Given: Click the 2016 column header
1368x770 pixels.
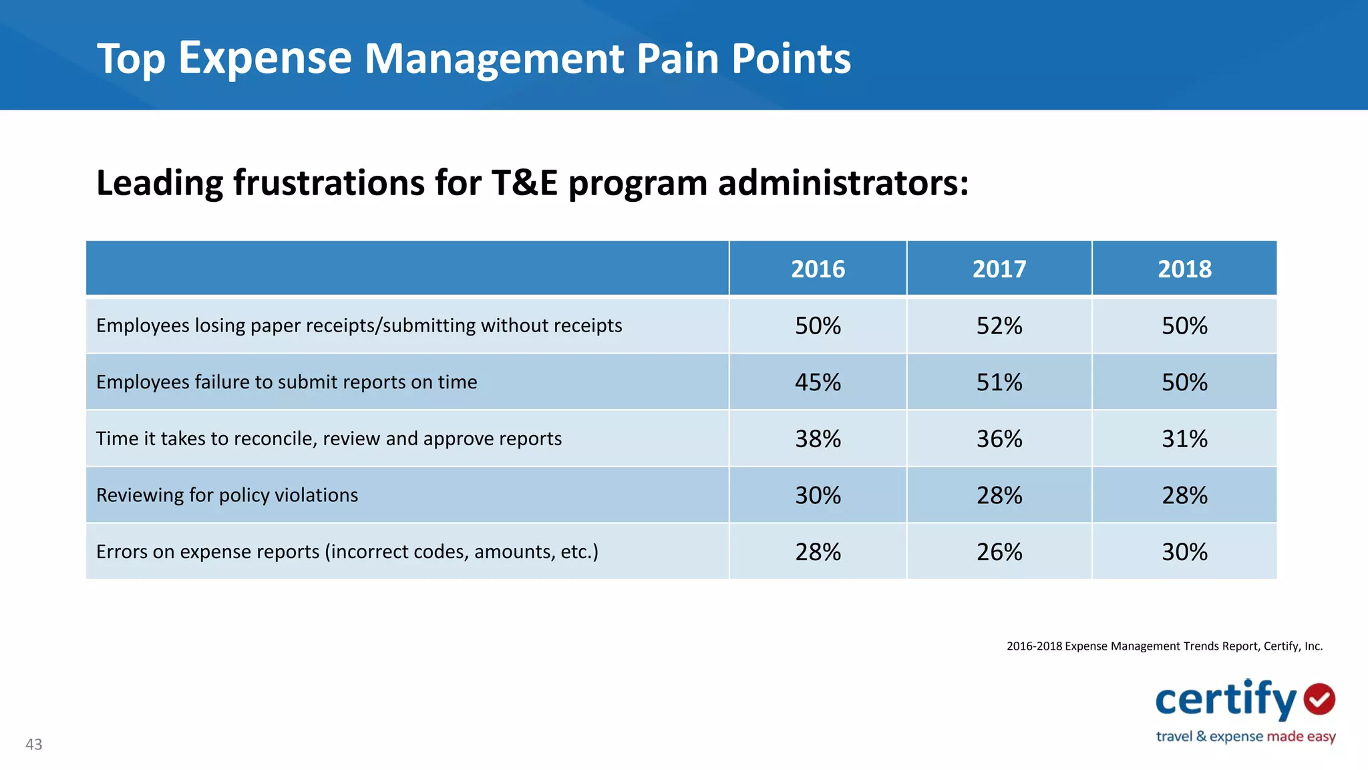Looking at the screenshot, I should pos(818,269).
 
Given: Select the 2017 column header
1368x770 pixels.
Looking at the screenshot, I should pos(999,269).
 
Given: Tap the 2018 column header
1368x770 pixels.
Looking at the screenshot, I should pos(1184,269).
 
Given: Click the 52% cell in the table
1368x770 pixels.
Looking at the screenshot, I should pos(999,326).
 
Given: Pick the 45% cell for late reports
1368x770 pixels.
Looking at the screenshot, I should pos(818,382).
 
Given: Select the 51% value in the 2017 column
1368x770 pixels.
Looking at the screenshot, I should pos(999,382).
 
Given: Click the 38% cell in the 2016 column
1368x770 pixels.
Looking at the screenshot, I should pos(818,438).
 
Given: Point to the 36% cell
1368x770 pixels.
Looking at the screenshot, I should pos(999,438).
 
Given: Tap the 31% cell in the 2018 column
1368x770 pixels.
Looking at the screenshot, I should pos(1184,438).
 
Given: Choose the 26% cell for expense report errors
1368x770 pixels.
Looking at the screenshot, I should pos(999,551).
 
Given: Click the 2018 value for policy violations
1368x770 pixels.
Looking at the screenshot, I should pos(1184,495).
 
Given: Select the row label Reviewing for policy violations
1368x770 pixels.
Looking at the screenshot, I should pos(227,495).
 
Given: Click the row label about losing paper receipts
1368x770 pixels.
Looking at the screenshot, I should pos(359,326).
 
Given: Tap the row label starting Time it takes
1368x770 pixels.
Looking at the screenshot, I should pos(329,438).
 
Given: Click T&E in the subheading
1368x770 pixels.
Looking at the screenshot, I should pos(524,183).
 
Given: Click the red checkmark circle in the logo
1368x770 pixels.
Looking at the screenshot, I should pos(1319,699).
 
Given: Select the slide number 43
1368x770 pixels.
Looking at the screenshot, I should pos(33,745).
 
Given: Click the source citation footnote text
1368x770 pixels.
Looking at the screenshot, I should pos(1164,646).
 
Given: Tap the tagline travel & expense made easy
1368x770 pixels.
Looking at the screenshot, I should pos(1245,737).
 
